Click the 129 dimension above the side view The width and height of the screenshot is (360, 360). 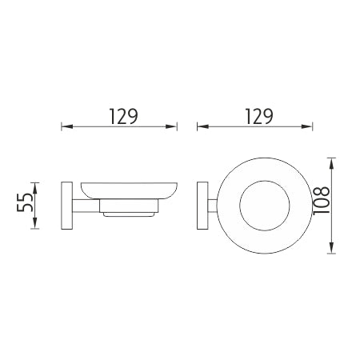[124, 117]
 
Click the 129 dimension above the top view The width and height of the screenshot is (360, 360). [259, 117]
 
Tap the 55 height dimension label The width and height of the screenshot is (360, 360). [25, 202]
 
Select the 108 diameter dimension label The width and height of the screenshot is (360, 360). [322, 200]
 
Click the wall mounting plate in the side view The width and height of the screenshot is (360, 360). [67, 206]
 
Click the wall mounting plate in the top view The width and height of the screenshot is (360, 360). [202, 206]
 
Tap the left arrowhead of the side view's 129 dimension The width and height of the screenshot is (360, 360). [67, 126]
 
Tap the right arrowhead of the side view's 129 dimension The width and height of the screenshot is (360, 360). [171, 126]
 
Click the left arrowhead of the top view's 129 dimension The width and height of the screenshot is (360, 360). [202, 126]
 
